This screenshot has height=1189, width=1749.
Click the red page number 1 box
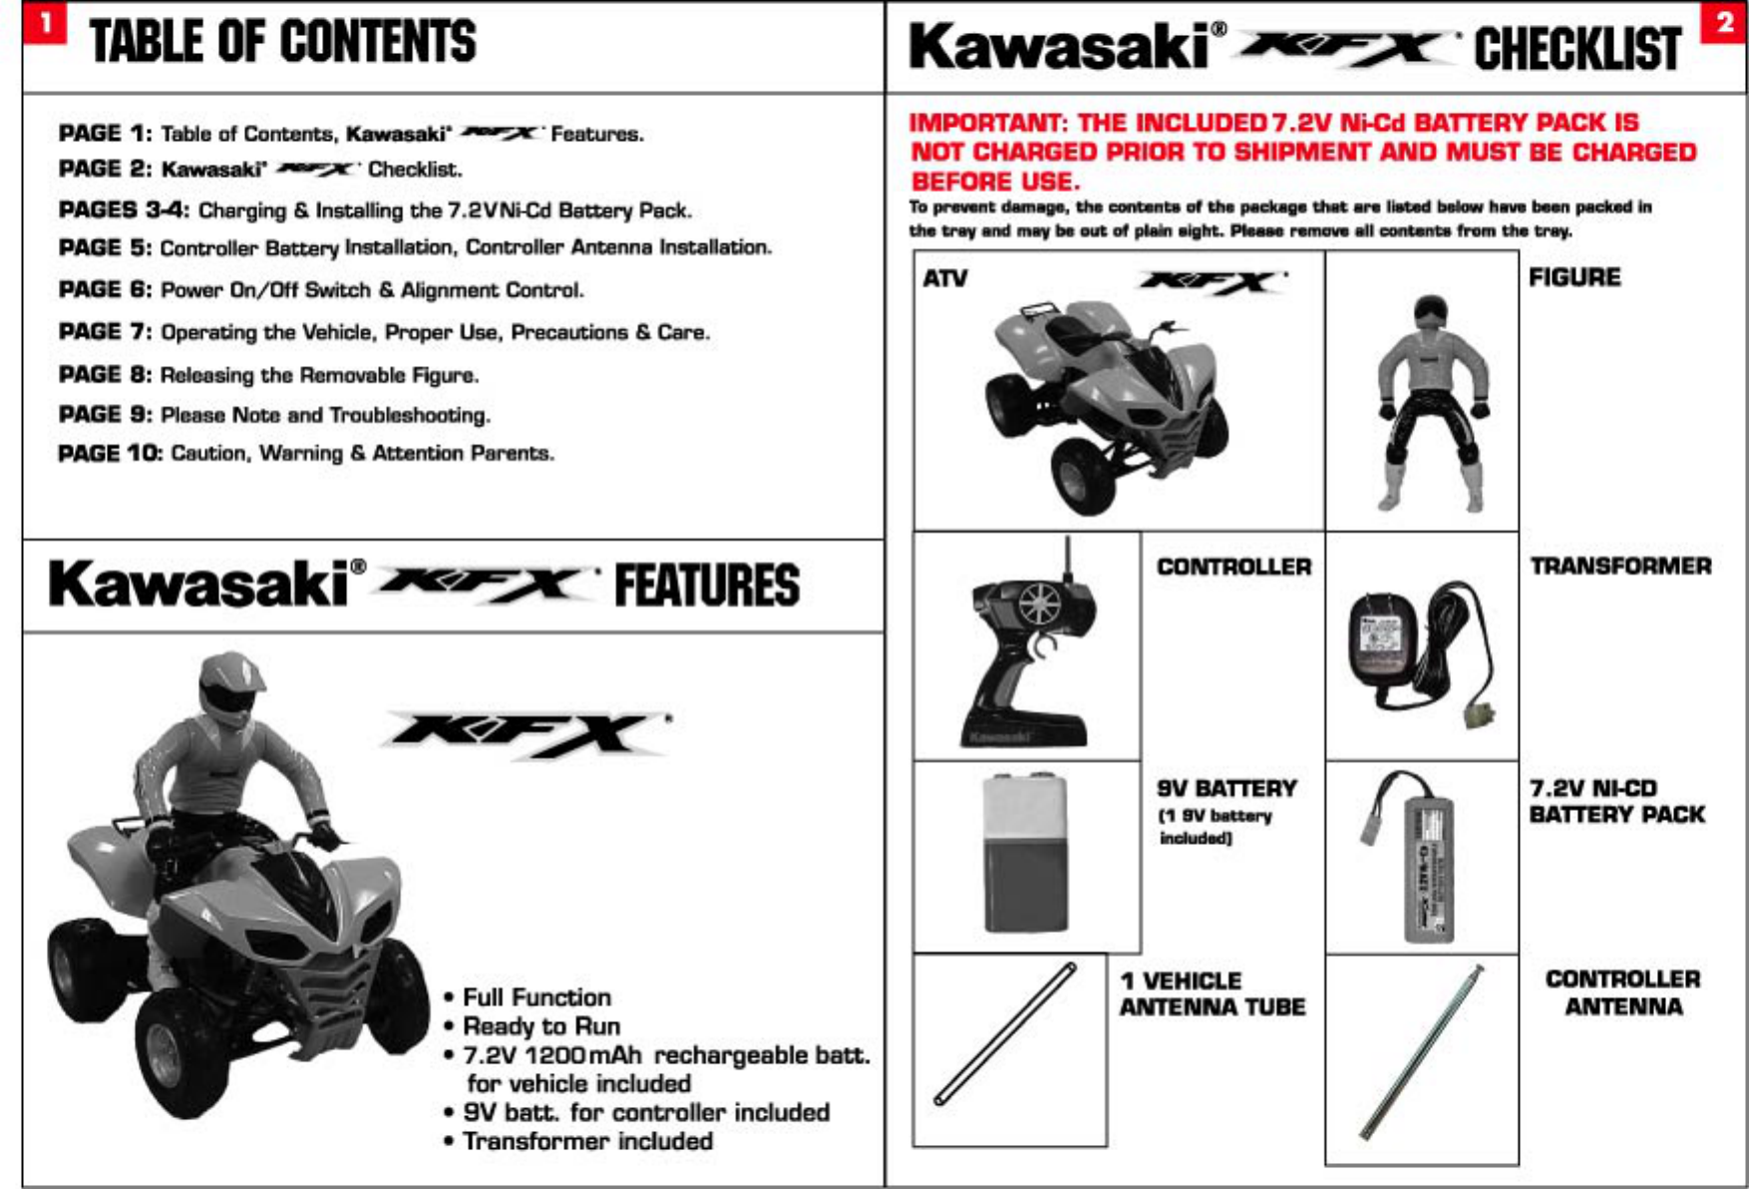[x=44, y=22]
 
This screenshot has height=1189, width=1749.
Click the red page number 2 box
[x=1725, y=23]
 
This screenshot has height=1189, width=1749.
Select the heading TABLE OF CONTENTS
[x=283, y=42]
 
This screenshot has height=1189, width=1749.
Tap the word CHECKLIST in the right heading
[x=1577, y=49]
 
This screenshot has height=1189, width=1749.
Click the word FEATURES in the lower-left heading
[x=706, y=586]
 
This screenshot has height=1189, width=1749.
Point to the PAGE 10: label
[x=110, y=454]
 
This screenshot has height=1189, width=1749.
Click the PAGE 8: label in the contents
[x=105, y=375]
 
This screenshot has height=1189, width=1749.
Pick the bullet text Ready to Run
[x=541, y=1026]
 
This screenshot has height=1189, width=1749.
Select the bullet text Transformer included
[x=587, y=1141]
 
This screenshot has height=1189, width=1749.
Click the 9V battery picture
[x=1024, y=853]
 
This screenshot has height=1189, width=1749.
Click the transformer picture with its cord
[x=1422, y=648]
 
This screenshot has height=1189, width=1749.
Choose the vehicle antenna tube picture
[x=1006, y=1032]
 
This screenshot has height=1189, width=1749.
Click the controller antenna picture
[x=1421, y=1052]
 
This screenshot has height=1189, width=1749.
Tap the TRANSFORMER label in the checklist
[x=1620, y=567]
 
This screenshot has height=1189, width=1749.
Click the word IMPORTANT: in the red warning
[x=987, y=123]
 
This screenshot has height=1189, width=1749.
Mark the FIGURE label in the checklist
[x=1574, y=277]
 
